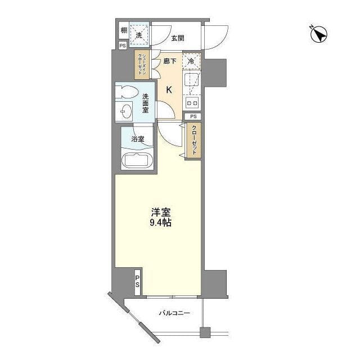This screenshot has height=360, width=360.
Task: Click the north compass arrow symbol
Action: coord(319,34)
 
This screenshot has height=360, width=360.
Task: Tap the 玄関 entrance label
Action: coord(177,38)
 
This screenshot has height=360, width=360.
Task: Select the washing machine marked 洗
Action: coord(139,34)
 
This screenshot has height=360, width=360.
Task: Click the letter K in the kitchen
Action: coord(169,89)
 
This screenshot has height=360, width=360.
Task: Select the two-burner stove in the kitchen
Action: coord(192,103)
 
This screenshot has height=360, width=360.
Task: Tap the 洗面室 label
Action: coord(146,102)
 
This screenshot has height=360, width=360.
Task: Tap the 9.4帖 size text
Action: coord(160,223)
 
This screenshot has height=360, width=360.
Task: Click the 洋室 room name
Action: coord(160,212)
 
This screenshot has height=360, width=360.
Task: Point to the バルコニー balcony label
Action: coord(174,313)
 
